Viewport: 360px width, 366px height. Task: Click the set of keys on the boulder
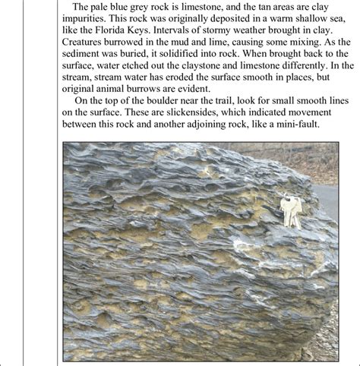pyautogui.click(x=290, y=212)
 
